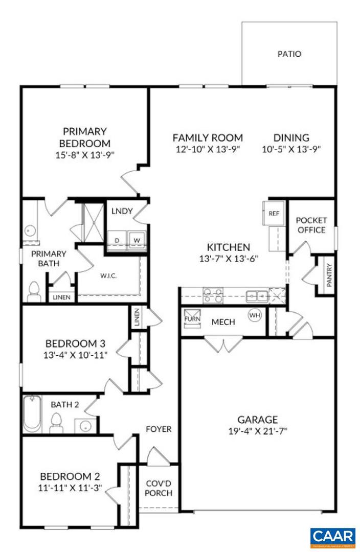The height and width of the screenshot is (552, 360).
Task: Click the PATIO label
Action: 289,54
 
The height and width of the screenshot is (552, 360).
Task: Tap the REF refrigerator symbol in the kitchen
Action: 273,213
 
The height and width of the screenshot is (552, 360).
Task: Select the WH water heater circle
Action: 255,315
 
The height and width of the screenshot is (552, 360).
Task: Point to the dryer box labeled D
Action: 117,240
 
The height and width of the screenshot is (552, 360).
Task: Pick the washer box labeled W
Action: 137,240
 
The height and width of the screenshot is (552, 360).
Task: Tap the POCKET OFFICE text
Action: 311,225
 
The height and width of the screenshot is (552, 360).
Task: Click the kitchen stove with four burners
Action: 213,295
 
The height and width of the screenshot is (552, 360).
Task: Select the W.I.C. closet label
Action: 108,276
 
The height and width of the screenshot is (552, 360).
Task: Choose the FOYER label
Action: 159,429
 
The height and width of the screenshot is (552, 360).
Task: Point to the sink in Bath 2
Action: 84,424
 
